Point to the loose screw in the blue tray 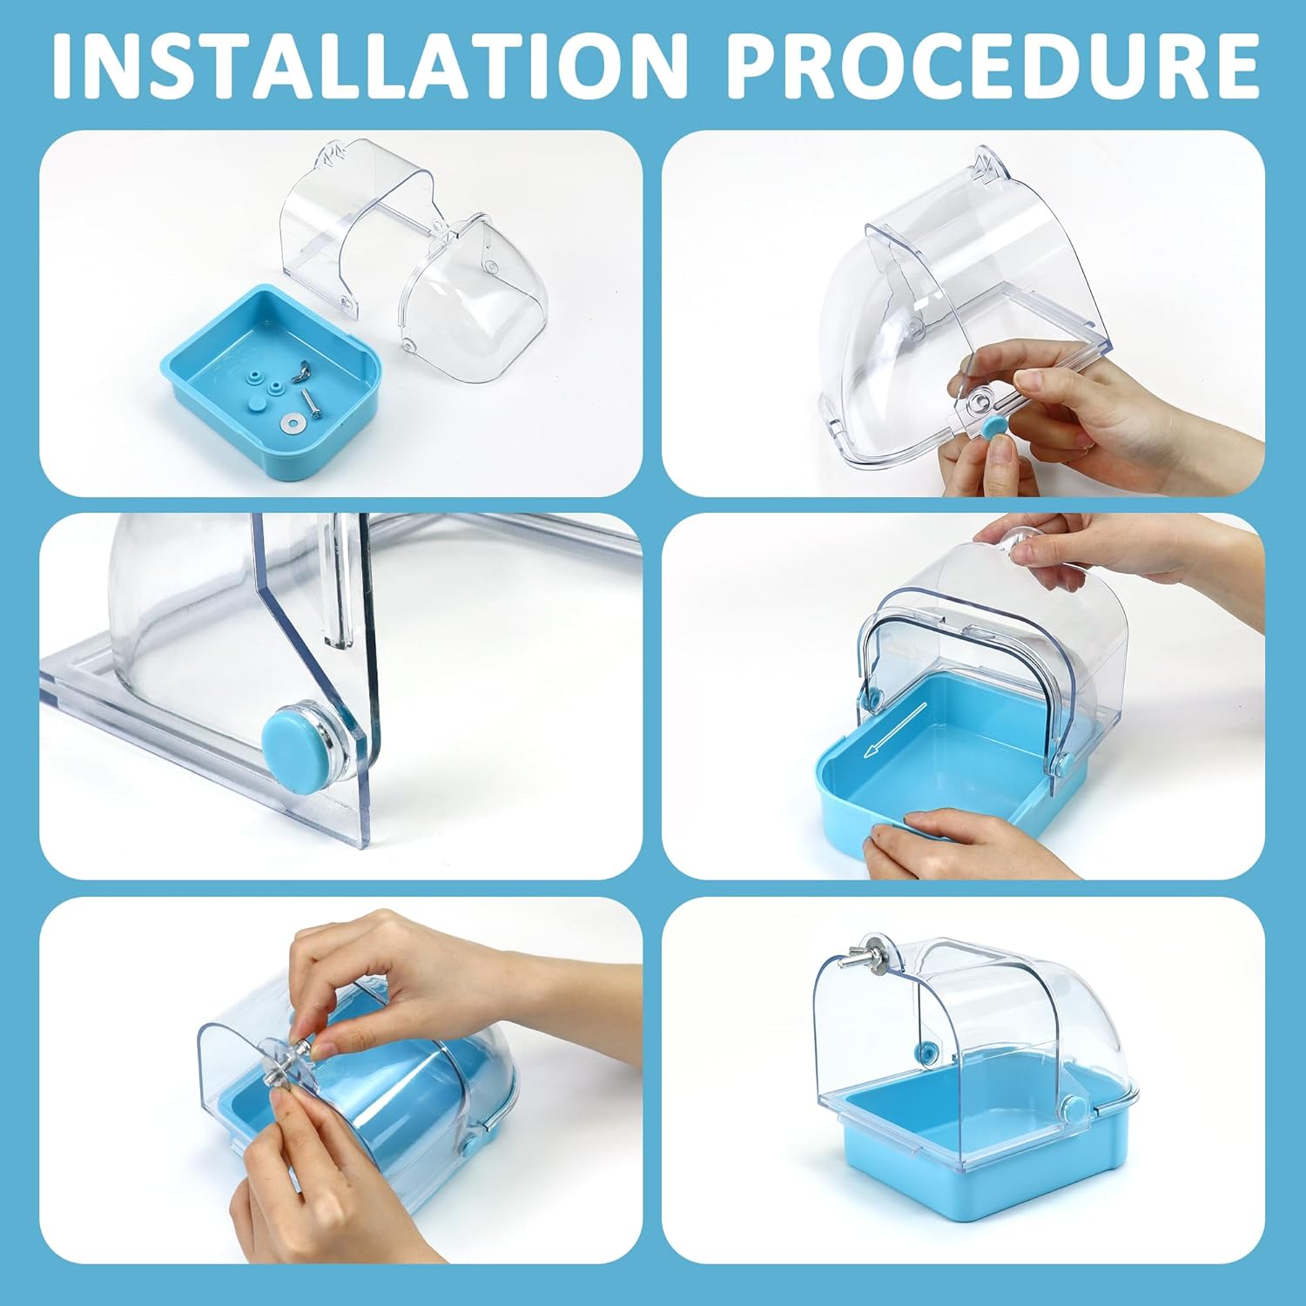tap(312, 401)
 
